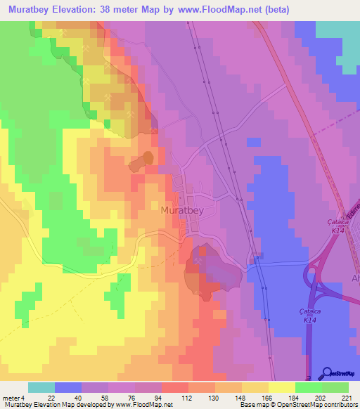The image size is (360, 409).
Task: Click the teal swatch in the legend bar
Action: (41, 387)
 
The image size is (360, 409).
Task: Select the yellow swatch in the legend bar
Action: (282, 387)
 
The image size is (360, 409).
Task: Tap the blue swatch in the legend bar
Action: (68, 387)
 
